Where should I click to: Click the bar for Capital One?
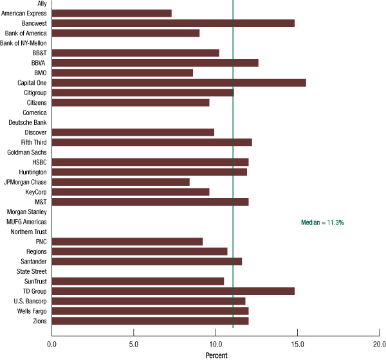click(179, 82)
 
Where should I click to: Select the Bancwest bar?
click(173, 23)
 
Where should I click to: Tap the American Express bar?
click(111, 13)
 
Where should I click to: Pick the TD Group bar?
click(173, 291)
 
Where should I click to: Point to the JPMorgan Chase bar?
click(120, 182)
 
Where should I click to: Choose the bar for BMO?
click(122, 73)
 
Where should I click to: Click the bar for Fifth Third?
click(152, 142)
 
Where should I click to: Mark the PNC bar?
click(127, 242)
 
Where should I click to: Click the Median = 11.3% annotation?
click(322, 222)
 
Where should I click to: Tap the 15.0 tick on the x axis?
click(297, 344)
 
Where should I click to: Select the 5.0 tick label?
click(133, 344)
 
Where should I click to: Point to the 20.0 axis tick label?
click(378, 344)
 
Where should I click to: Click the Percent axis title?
click(217, 354)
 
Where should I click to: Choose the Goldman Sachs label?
click(26, 152)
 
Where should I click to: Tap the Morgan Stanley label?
click(26, 212)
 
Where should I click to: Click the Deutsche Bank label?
click(27, 122)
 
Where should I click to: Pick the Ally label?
click(42, 3)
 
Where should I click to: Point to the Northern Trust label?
click(28, 231)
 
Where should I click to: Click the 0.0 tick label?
click(51, 344)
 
